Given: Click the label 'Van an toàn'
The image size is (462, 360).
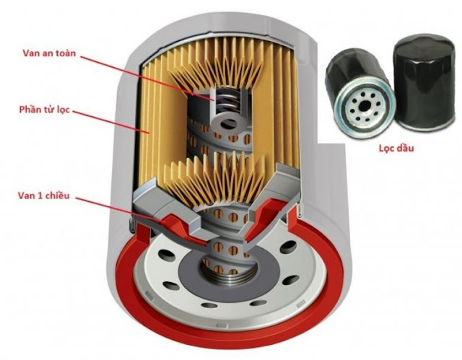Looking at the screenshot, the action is (x=49, y=53).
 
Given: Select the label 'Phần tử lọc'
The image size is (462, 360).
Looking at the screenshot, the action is (x=45, y=110).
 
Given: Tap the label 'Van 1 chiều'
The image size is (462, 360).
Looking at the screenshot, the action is (x=44, y=196).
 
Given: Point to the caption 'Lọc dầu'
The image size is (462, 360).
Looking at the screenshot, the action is (x=396, y=148).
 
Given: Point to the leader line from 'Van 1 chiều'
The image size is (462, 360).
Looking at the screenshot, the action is (x=118, y=209).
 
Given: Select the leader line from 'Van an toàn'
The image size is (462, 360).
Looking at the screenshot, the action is (x=147, y=78).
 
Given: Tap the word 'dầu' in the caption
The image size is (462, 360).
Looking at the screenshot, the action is (x=406, y=148).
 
